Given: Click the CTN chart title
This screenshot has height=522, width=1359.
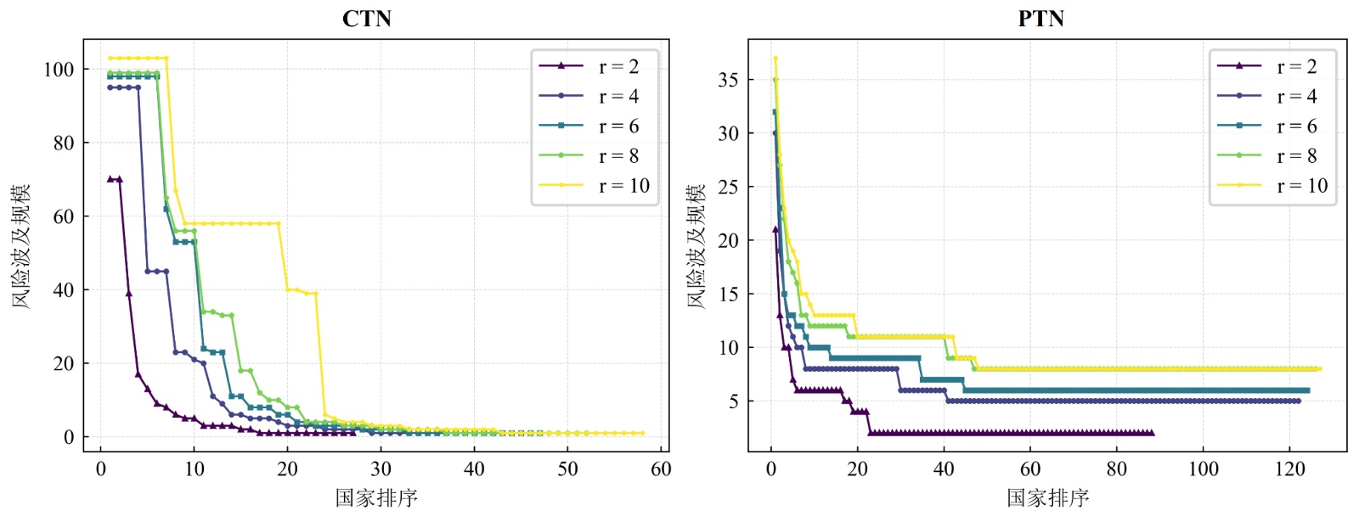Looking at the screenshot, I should pos(366,19).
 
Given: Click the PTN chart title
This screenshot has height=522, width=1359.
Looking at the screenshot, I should pos(1040,19).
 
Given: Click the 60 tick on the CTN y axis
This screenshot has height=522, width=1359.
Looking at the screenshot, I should pos(64,216).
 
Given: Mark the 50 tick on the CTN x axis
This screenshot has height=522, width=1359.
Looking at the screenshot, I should pos(567,469).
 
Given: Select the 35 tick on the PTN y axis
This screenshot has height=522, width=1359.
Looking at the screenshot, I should pos(728,80).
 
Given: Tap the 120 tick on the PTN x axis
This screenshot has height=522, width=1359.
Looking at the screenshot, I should pos(1290,469).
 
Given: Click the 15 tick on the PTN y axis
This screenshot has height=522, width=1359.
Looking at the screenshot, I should pos(728,295).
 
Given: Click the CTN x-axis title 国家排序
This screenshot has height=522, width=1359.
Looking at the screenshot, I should pos(376,497).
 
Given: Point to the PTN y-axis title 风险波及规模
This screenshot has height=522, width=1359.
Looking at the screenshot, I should pos(696,245).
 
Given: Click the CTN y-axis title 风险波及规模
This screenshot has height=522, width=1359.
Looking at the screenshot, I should pos(21,245).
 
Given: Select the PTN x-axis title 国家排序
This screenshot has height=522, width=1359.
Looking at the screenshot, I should pos(1048,497).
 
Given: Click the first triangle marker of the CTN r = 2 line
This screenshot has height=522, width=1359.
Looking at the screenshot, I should pos(110,179).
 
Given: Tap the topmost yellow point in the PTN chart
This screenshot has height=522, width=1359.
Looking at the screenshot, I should pos(775,59).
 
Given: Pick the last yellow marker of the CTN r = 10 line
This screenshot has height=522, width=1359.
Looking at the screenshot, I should pos(642,433).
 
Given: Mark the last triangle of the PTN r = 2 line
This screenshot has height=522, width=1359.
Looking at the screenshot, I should pos(1152,433).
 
